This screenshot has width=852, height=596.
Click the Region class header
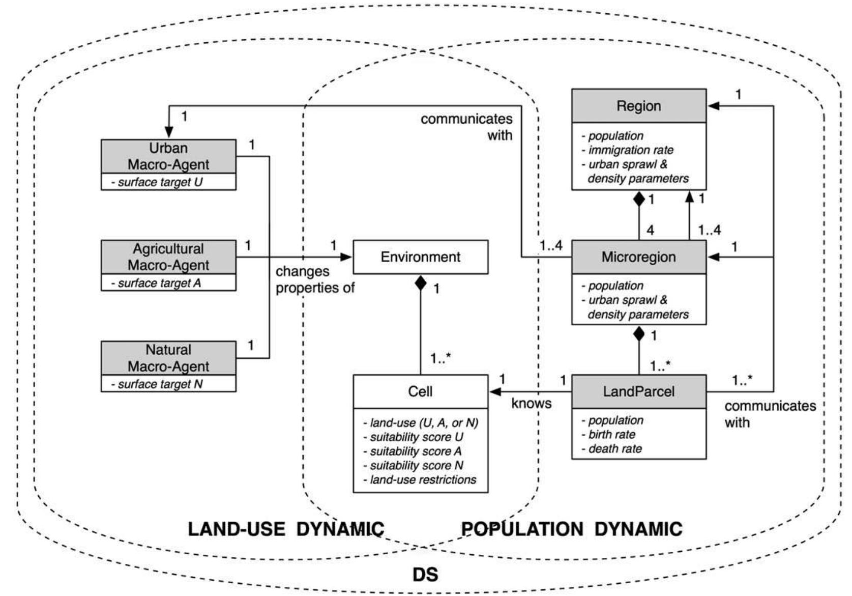[638, 106]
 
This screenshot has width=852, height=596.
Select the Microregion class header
[638, 257]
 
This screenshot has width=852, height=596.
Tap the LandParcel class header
[638, 391]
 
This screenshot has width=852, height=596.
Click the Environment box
[420, 257]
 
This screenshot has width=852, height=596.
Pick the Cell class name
[420, 391]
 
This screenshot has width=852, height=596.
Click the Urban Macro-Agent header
[168, 156]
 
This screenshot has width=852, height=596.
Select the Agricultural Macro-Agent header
[168, 257]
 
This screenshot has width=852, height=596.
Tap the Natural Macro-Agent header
[168, 358]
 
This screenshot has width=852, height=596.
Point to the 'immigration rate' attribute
[630, 150]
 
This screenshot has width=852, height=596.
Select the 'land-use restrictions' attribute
[422, 480]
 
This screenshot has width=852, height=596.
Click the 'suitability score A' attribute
[415, 451]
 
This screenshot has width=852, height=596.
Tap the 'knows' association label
[531, 404]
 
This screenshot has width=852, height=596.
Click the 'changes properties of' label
[314, 279]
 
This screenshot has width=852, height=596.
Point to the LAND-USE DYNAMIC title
[286, 529]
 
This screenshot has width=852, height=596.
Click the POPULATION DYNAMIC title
[571, 529]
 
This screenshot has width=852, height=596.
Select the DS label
[425, 575]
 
